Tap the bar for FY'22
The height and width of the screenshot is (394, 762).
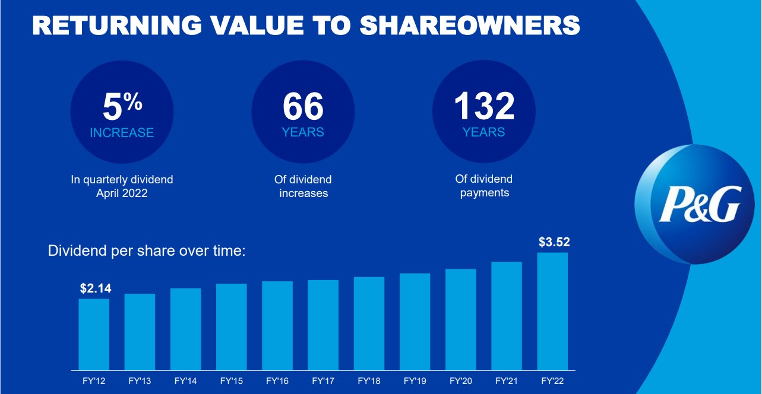pyautogui.click(x=552, y=311)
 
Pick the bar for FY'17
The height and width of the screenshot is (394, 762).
pyautogui.click(x=323, y=325)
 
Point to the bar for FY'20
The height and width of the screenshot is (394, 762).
pyautogui.click(x=461, y=319)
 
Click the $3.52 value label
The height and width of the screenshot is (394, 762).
pyautogui.click(x=554, y=242)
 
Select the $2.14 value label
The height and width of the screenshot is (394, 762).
pyautogui.click(x=96, y=288)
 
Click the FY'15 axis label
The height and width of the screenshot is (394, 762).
pyautogui.click(x=231, y=380)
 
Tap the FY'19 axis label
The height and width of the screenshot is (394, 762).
pyautogui.click(x=415, y=380)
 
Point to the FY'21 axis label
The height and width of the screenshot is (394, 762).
pyautogui.click(x=507, y=380)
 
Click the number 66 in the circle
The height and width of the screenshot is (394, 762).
pyautogui.click(x=303, y=107)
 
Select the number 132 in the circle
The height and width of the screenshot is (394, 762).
pyautogui.click(x=483, y=106)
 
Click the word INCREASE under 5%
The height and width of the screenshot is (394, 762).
pyautogui.click(x=122, y=133)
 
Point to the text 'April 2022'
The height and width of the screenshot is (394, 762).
pyautogui.click(x=122, y=193)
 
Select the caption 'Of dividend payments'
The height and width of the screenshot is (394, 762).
pyautogui.click(x=484, y=186)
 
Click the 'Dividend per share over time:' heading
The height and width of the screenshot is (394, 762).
pyautogui.click(x=147, y=251)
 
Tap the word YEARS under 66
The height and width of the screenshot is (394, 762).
pyautogui.click(x=303, y=132)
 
